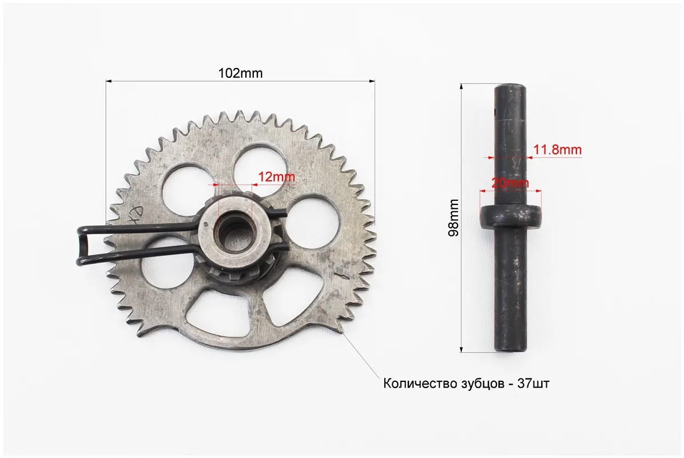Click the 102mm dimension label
pyautogui.click(x=240, y=73)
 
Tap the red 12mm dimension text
pyautogui.click(x=277, y=177)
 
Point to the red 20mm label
pyautogui.click(x=510, y=183)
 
